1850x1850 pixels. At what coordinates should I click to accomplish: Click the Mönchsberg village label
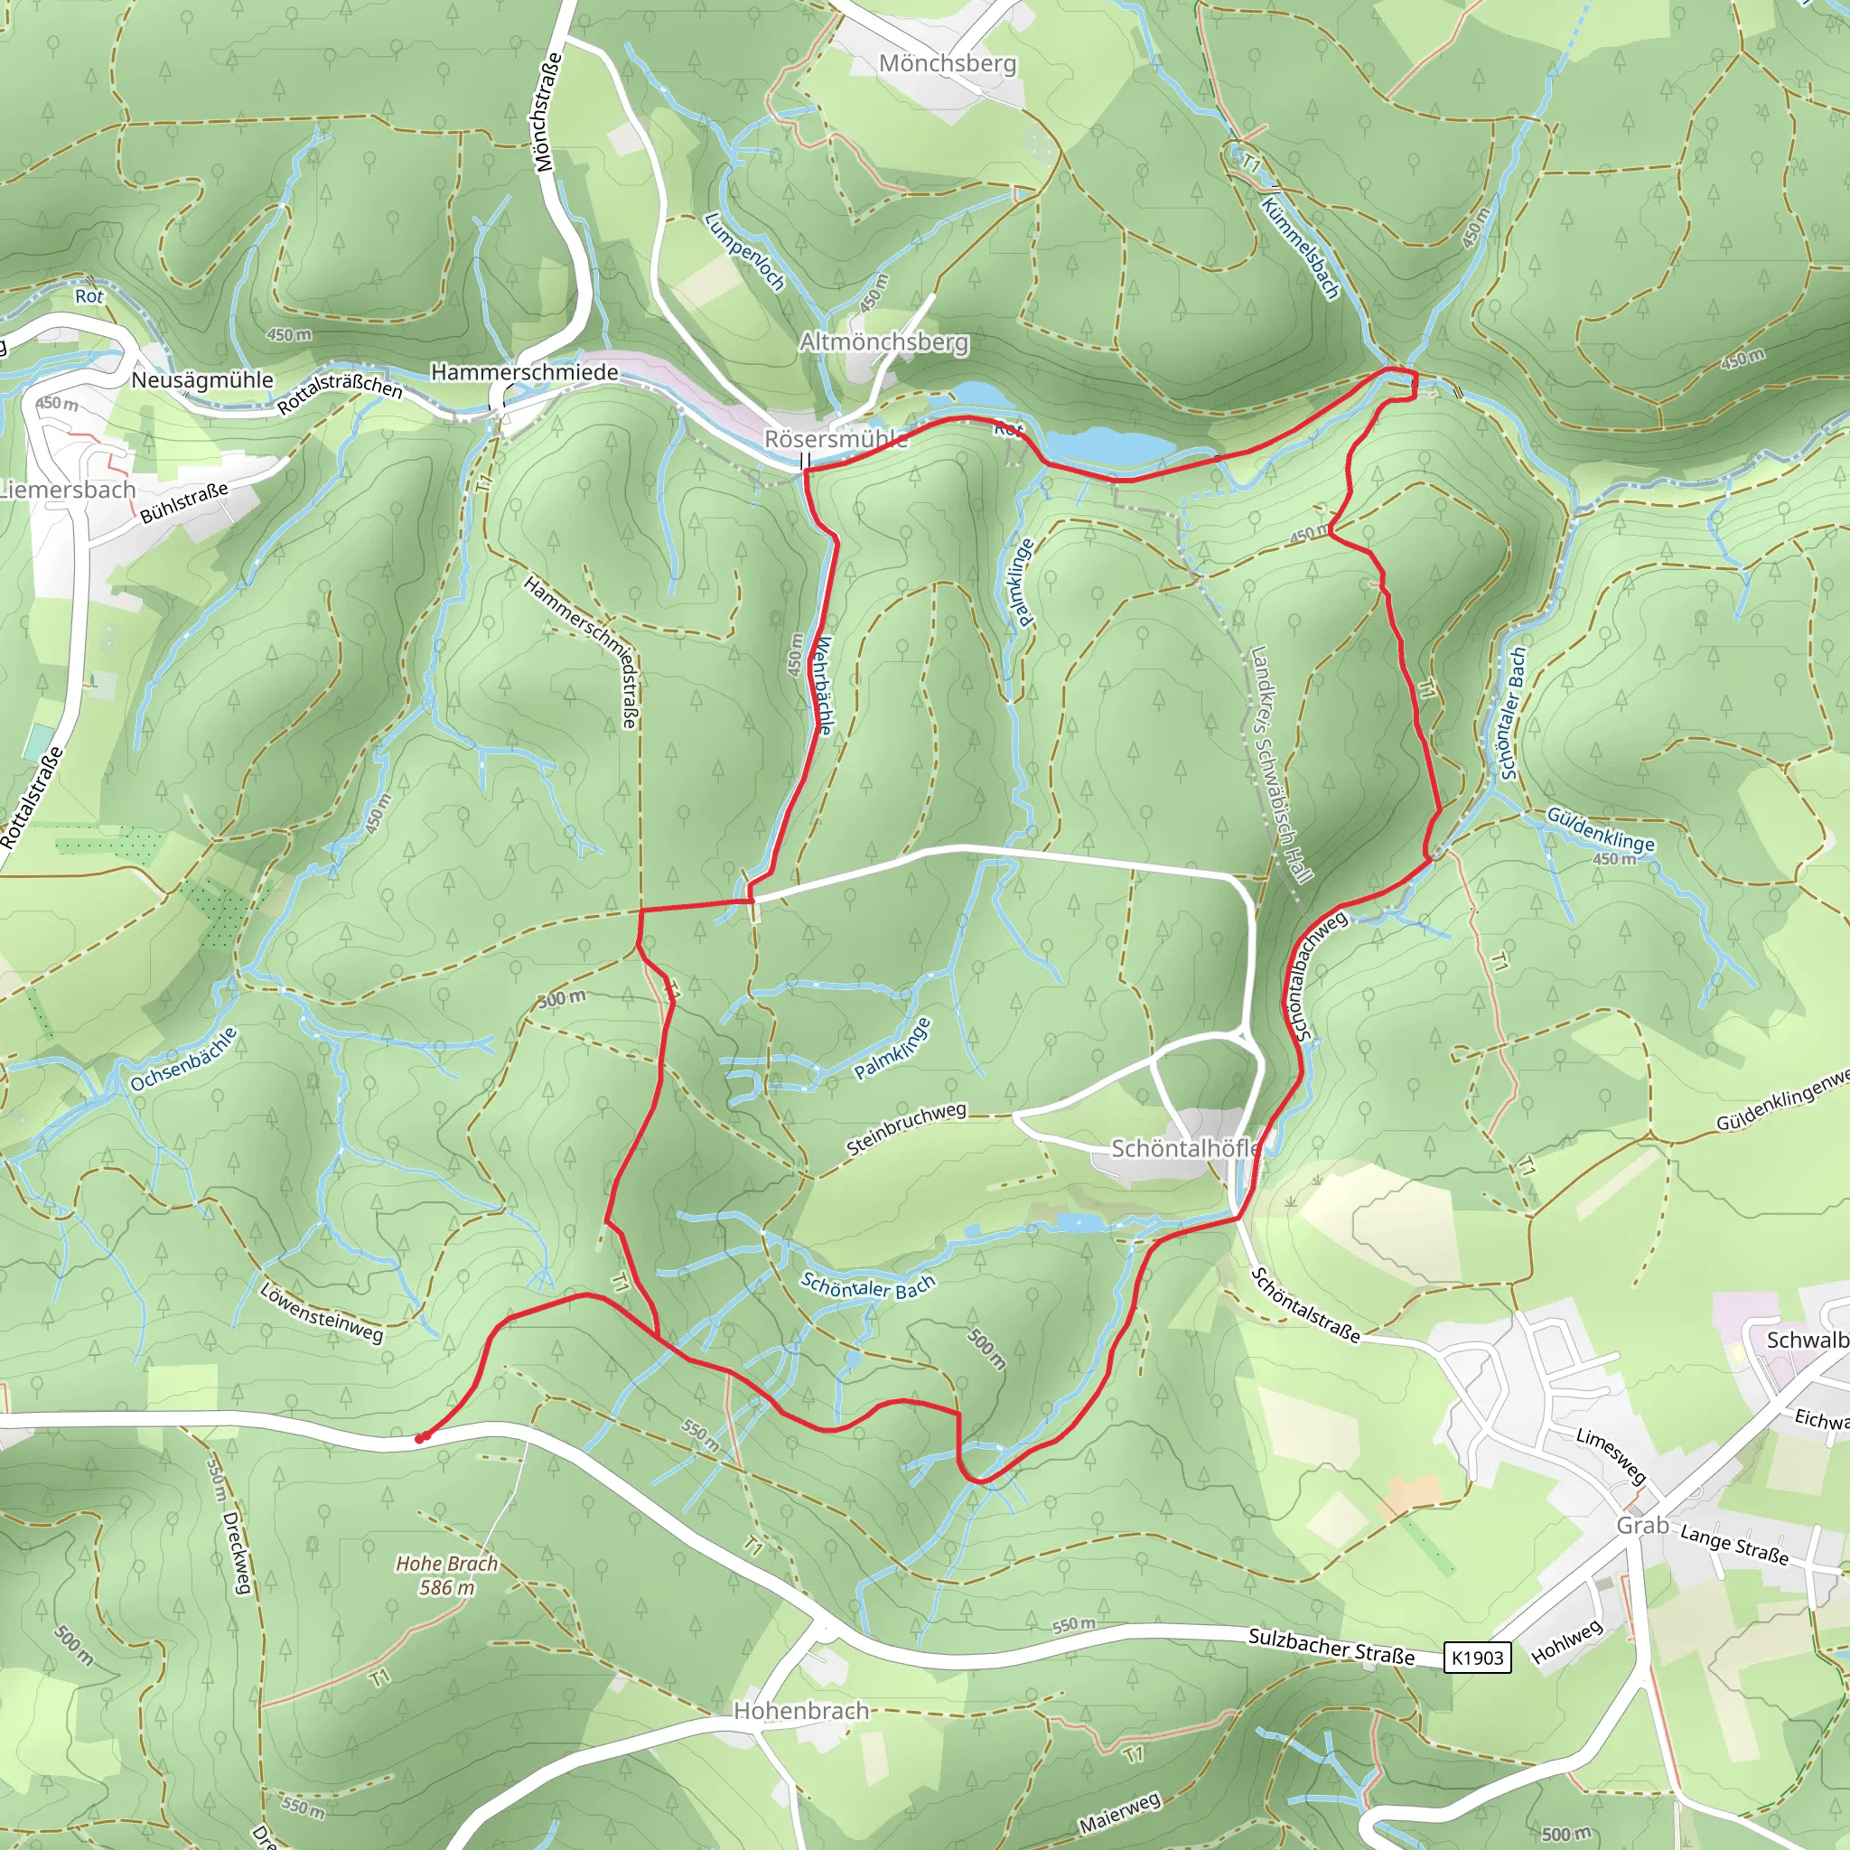point(947,63)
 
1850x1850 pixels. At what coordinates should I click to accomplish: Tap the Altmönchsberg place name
point(883,341)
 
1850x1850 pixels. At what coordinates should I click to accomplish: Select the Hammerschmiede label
point(524,371)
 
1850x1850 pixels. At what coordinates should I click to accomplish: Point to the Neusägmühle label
point(202,380)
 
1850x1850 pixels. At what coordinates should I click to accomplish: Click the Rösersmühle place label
point(835,438)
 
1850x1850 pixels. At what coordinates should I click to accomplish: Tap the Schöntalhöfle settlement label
point(1185,1148)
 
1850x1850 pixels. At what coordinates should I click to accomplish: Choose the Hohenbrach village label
point(800,1710)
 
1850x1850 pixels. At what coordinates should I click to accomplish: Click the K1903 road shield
point(1477,1658)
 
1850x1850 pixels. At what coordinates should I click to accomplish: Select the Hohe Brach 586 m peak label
point(447,1575)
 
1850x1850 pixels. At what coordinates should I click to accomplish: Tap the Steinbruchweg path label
point(906,1129)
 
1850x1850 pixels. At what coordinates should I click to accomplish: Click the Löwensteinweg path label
point(322,1312)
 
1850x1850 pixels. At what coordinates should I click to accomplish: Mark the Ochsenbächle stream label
point(184,1060)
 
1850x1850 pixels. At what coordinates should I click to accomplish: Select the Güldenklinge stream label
point(1600,828)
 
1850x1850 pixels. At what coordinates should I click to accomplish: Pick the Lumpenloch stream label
point(744,251)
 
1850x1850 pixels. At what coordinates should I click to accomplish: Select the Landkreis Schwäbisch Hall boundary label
point(1281,763)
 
